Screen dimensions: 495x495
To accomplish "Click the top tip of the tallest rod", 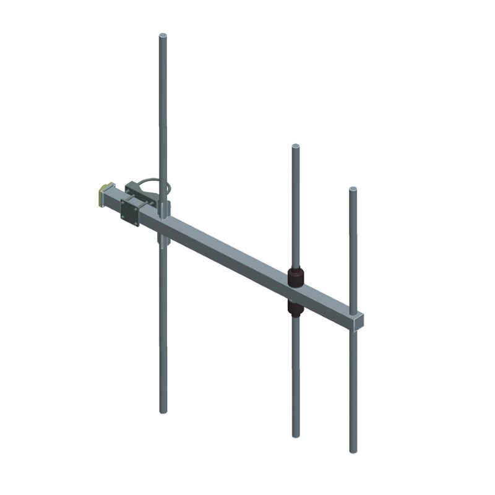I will tap(163, 36).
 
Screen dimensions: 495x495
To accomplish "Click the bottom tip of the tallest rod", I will tap(163, 410).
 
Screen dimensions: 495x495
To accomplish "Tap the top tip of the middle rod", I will tap(296, 147).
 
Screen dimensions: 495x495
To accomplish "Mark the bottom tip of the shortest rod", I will tap(353, 450).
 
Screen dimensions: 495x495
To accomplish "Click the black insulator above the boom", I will tap(296, 276).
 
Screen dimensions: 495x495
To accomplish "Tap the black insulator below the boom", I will tap(296, 307).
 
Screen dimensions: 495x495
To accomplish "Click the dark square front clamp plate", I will tap(130, 211).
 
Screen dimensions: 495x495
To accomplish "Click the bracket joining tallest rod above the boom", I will tap(162, 207).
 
